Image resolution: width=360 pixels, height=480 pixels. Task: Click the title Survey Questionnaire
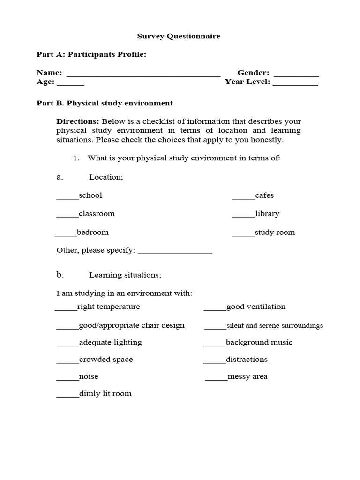point(178,36)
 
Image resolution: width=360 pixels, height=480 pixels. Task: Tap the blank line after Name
point(143,75)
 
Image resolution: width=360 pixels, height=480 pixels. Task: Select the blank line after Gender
point(296,75)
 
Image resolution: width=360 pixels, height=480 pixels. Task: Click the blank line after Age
point(71,83)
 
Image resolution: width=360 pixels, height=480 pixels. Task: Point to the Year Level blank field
point(295,83)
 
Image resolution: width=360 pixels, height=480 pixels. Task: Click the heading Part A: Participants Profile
point(91,55)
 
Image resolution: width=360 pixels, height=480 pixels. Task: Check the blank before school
point(67,197)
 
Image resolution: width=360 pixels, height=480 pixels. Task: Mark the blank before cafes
point(244,197)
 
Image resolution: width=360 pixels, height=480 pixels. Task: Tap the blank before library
point(244,216)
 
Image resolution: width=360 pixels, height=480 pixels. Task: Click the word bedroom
point(92,232)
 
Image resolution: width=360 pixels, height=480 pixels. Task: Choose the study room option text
point(275,232)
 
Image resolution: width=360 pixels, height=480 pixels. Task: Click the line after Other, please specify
point(175,252)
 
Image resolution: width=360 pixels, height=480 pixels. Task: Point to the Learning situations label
point(125,275)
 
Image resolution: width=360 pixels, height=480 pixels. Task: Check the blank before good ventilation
point(215,309)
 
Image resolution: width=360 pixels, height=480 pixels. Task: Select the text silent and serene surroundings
point(275,325)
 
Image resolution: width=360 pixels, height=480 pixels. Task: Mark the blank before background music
point(214,345)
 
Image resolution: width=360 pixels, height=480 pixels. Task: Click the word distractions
point(247,360)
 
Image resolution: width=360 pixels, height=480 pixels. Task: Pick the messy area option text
point(247,377)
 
